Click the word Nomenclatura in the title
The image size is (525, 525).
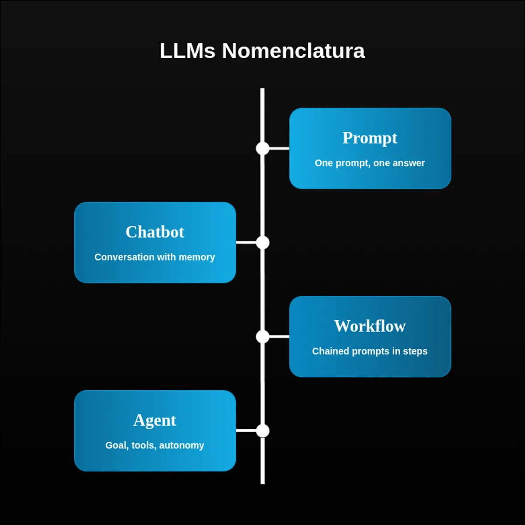(x=293, y=51)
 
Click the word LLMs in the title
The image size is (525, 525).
(x=187, y=51)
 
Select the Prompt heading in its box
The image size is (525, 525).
(x=370, y=138)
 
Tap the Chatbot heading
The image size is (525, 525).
(x=155, y=232)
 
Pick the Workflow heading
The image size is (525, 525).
(x=370, y=326)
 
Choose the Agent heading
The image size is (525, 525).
(x=155, y=420)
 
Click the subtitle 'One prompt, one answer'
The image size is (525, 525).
(x=370, y=163)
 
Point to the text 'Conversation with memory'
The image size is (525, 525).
(x=155, y=257)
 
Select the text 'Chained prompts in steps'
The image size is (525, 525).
(x=370, y=351)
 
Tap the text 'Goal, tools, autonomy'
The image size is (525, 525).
(x=155, y=445)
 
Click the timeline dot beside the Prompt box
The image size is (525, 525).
(x=262, y=148)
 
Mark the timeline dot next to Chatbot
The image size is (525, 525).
(x=262, y=242)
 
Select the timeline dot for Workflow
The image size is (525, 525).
(x=262, y=336)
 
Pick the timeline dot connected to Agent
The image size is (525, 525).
(x=262, y=430)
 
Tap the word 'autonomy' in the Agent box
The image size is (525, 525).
(x=182, y=445)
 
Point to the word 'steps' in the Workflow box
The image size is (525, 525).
(x=415, y=351)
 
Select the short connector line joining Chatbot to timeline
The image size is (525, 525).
(x=246, y=242)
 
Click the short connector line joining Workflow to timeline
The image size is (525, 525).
(x=279, y=336)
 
